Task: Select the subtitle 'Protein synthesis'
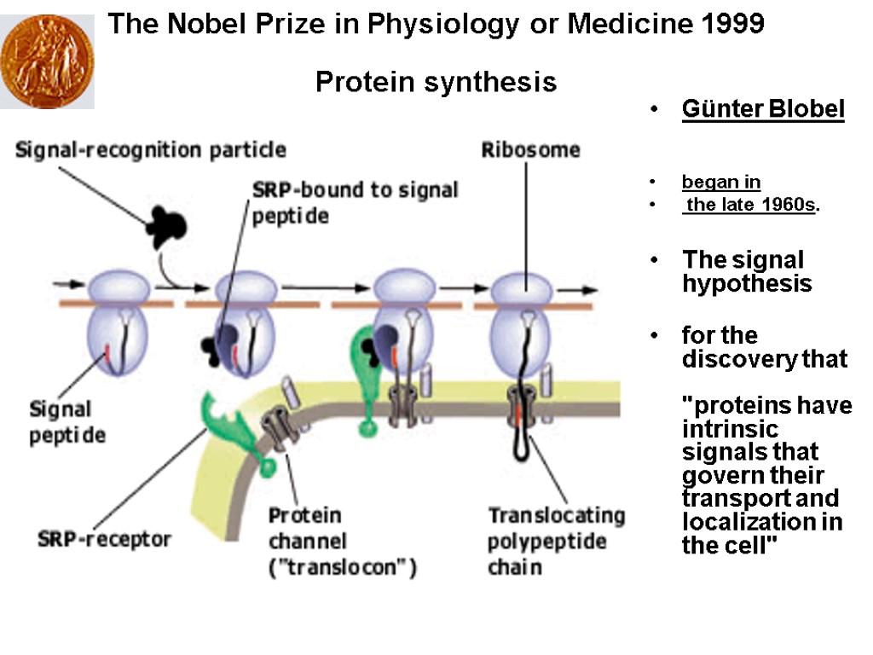(436, 83)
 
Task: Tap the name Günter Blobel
(763, 110)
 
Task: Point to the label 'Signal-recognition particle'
(150, 151)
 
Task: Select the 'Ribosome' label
(530, 151)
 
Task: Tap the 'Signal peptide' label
(68, 421)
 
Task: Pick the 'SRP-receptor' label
(105, 539)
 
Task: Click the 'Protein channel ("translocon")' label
(341, 542)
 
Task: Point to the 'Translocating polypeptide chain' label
(556, 541)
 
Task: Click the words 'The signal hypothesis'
(746, 271)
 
